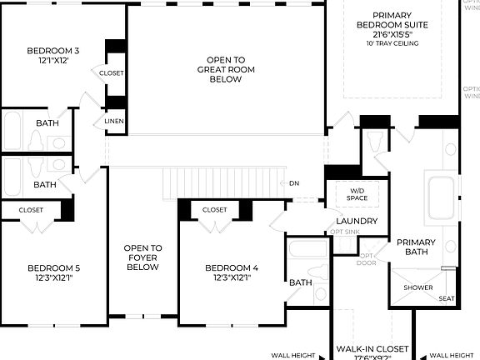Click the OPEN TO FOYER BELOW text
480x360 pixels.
click(x=142, y=257)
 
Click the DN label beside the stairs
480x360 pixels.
click(x=293, y=183)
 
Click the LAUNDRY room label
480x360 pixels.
click(x=356, y=221)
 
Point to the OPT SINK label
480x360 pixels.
click(x=345, y=231)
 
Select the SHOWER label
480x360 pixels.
click(x=418, y=288)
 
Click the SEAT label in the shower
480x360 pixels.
click(x=447, y=298)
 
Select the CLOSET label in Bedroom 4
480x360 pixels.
click(x=214, y=210)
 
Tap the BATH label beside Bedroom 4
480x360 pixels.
click(x=300, y=282)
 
